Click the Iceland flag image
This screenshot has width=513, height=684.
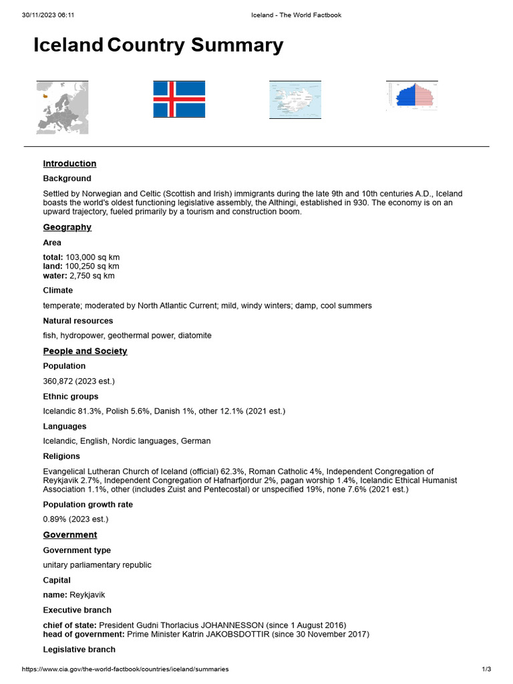[x=179, y=99]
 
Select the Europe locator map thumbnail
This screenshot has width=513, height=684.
[x=62, y=107]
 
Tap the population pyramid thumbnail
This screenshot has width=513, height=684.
[x=411, y=95]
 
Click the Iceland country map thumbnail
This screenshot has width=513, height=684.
[x=295, y=100]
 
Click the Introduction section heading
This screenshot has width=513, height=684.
[x=69, y=164]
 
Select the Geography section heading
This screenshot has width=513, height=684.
[x=67, y=227]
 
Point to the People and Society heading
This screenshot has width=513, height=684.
[x=85, y=351]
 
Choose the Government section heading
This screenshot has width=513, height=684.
[x=70, y=535]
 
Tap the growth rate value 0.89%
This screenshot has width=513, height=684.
[x=55, y=519]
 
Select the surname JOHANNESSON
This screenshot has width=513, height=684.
[x=229, y=625]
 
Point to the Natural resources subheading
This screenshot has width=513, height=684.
[x=78, y=321]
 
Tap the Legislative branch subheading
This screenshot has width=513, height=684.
[x=79, y=649]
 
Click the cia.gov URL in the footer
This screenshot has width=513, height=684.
[x=126, y=669]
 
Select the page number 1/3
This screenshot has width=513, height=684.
[x=486, y=669]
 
